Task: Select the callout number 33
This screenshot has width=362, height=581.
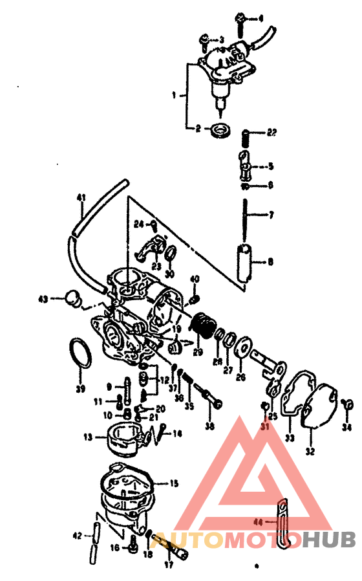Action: coord(290,438)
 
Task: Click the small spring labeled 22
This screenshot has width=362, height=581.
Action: coord(246,137)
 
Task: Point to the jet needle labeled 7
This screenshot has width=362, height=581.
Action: coord(247,214)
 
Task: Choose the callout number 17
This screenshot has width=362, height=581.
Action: coord(170,564)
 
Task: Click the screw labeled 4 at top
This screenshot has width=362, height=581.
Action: coord(240,21)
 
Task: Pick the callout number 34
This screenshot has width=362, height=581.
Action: coord(348,428)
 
